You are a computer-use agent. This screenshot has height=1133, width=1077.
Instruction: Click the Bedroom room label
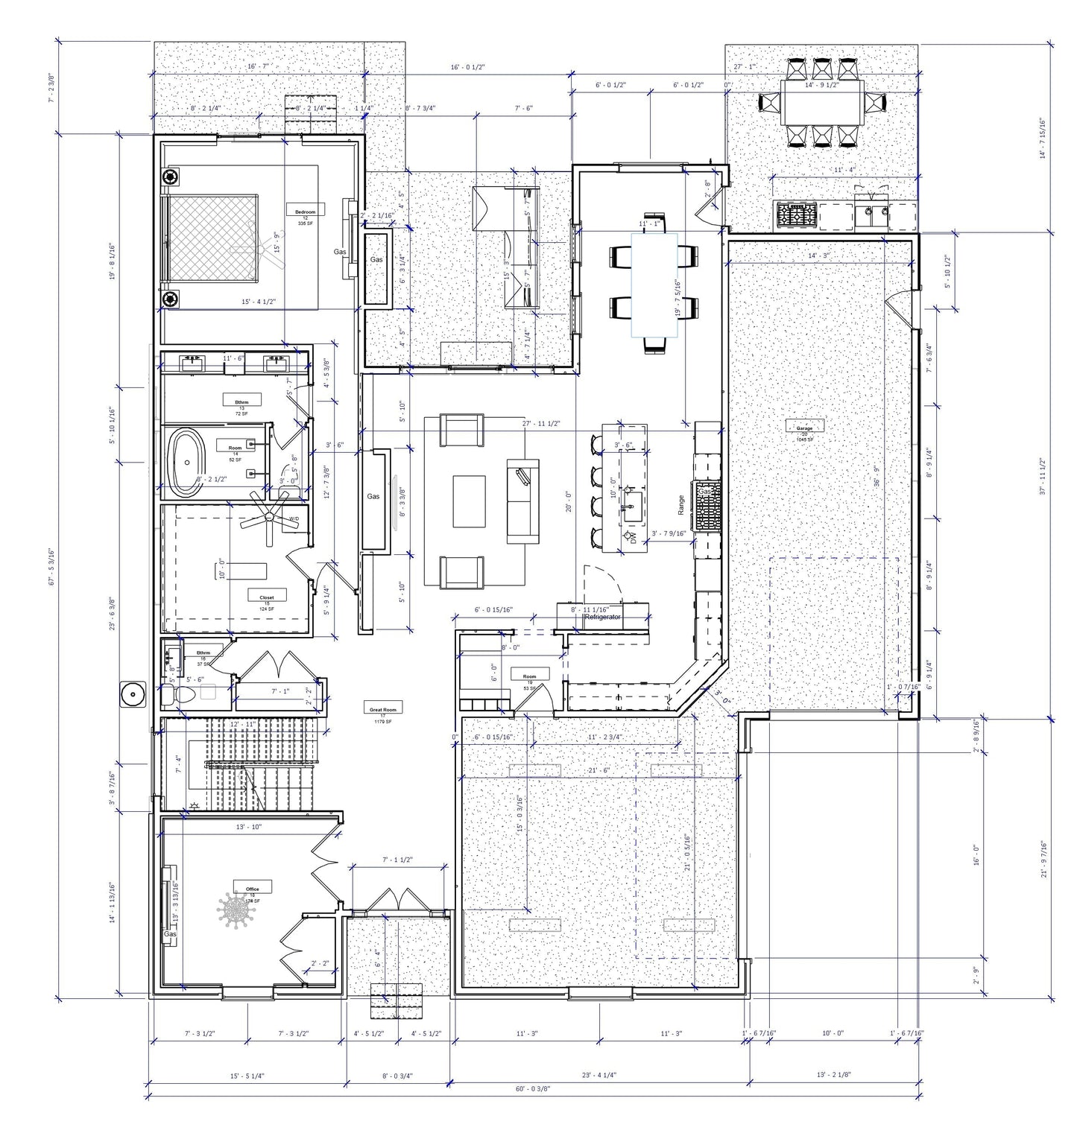click(305, 212)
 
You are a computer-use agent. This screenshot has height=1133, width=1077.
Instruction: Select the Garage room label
click(804, 428)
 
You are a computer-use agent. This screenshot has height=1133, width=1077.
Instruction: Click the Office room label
click(252, 889)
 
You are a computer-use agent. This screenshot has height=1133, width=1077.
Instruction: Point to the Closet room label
click(267, 597)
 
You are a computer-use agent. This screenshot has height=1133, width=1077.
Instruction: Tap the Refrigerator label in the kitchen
click(602, 618)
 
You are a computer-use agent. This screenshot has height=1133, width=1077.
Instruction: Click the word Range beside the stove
click(680, 506)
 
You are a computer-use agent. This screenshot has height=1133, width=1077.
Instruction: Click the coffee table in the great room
click(470, 501)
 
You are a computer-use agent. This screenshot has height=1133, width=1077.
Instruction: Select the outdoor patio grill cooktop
click(796, 215)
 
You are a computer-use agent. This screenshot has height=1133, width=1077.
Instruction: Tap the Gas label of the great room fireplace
click(373, 496)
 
